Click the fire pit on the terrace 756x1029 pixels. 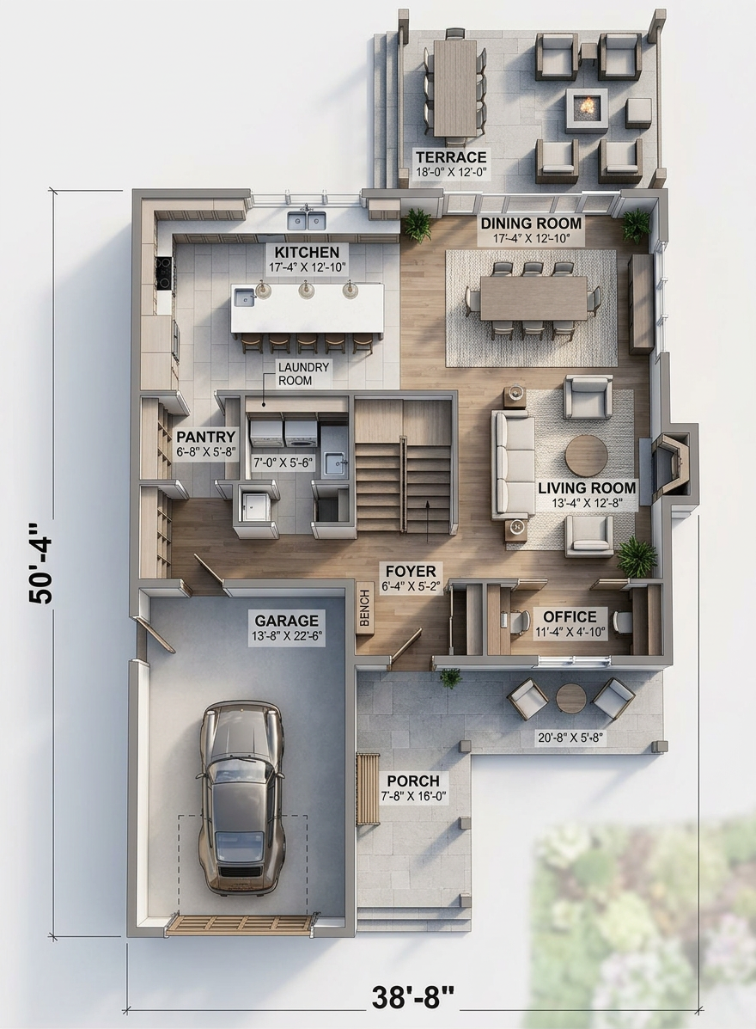(x=586, y=106)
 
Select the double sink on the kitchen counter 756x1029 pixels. (x=306, y=219)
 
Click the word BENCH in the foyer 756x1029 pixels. (x=364, y=608)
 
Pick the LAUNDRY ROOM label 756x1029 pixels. (x=303, y=374)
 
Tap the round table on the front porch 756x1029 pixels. (x=570, y=699)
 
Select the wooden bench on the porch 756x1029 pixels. (x=368, y=789)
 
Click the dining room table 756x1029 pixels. (x=533, y=298)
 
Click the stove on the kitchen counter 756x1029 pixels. (x=164, y=273)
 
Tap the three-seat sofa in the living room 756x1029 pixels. (x=514, y=462)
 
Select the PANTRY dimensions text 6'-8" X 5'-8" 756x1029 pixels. (x=206, y=452)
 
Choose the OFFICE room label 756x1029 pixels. (x=570, y=617)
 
